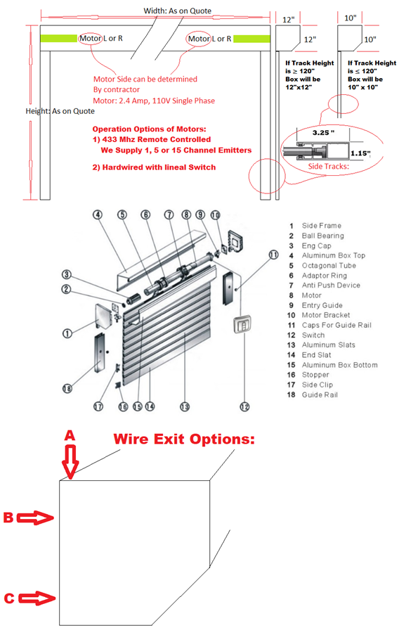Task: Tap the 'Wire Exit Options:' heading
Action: (184, 440)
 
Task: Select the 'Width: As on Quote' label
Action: (177, 11)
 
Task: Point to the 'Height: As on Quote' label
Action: (60, 111)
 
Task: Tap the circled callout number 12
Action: (244, 405)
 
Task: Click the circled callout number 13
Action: (185, 405)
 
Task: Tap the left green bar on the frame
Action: (59, 37)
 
